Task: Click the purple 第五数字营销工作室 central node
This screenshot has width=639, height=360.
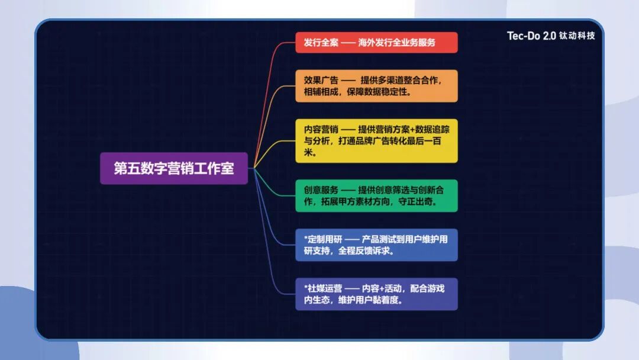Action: (x=174, y=168)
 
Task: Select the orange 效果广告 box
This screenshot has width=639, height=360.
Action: (x=376, y=86)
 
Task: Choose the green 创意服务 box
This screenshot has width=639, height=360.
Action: (x=376, y=195)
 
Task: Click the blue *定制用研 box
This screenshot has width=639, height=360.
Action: (x=376, y=245)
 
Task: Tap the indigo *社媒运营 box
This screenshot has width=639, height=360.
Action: (x=376, y=294)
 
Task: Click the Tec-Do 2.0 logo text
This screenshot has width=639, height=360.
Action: (x=531, y=36)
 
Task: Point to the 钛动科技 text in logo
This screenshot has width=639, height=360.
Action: (x=577, y=36)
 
